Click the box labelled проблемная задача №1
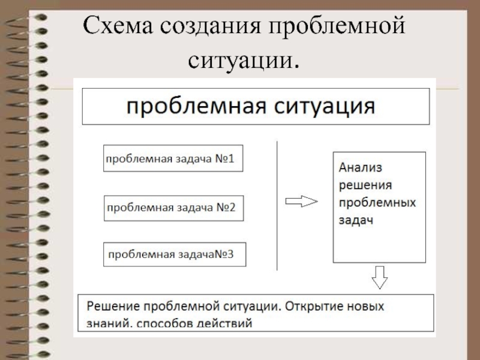(173, 158)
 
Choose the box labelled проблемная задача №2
(173, 208)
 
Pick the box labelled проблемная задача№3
(175, 254)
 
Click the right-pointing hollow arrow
(300, 202)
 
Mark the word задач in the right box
(356, 220)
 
